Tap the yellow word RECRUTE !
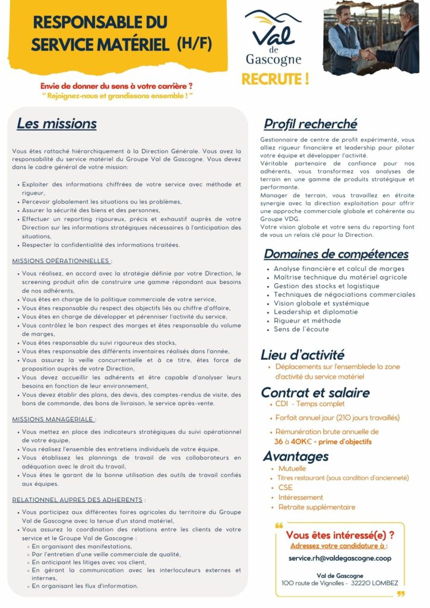coord(275,79)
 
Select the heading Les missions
coord(56,123)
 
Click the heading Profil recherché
coord(311,124)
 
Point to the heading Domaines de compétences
coord(336,254)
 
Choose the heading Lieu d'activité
coord(302,355)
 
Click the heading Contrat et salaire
coord(315,392)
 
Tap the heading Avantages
coord(296,456)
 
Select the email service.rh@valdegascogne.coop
coord(340,558)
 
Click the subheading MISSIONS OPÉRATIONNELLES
coord(62,261)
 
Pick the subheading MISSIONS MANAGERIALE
coord(53,419)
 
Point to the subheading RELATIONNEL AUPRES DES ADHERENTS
coord(78,500)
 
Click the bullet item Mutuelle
coord(292,468)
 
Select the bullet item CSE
coord(285,487)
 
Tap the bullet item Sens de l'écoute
coord(301,329)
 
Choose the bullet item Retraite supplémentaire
coord(317,507)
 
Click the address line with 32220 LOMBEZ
coord(340,584)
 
